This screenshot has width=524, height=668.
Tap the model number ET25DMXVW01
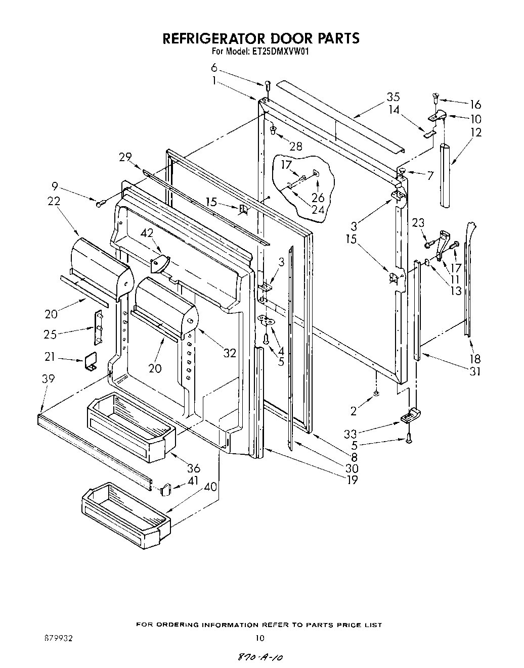[278, 51]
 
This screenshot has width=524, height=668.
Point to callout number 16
[475, 105]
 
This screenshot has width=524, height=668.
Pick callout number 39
[49, 379]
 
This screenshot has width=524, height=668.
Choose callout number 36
[194, 468]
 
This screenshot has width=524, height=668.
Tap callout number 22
[54, 201]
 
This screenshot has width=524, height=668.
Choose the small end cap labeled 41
[165, 489]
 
